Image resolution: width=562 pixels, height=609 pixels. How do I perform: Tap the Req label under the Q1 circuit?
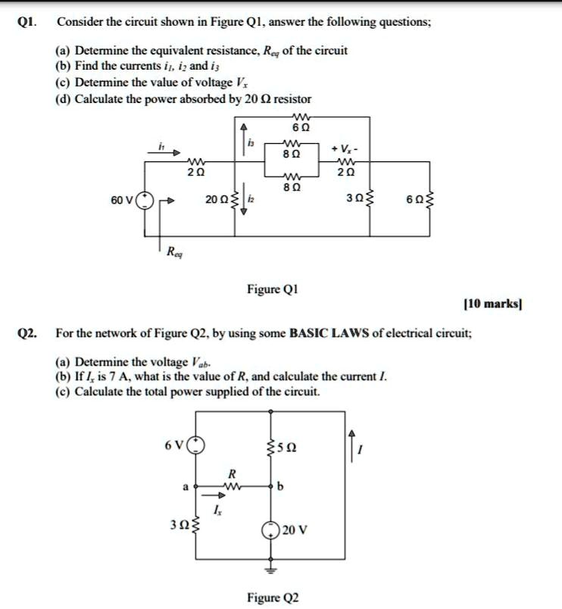(173, 253)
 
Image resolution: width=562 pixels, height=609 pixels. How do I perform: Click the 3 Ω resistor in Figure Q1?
(369, 200)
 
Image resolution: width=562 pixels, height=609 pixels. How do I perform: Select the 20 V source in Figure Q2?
(270, 529)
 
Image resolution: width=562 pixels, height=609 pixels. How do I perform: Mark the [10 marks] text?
(492, 304)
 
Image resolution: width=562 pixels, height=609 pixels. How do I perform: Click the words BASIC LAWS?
(326, 333)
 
